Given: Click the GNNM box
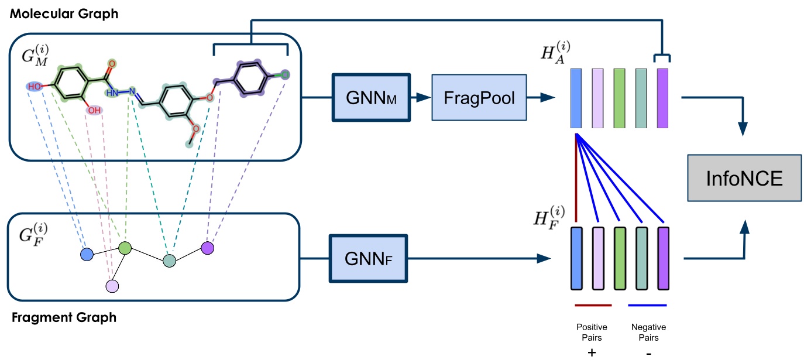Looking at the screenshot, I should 371,97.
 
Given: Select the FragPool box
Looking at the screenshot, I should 479,97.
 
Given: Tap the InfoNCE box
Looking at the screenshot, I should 744,177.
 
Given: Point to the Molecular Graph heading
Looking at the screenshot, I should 64,13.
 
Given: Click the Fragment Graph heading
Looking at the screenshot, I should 63,318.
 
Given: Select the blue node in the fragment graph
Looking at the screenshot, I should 87,255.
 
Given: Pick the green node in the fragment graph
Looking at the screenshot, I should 125,248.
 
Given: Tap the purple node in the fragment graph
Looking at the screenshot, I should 207,248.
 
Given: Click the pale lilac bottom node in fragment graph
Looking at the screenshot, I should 112,286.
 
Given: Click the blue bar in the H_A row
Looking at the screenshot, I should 576,98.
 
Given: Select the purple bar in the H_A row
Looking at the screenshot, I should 662,98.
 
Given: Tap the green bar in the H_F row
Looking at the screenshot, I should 620,258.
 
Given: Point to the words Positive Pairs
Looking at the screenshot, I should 592,332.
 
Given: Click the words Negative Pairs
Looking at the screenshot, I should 647,332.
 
